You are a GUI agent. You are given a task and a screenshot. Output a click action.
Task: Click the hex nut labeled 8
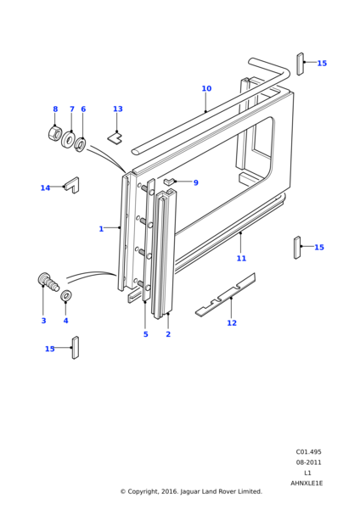pos(54,133)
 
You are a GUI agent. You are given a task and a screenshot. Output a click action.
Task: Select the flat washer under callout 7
pos(69,140)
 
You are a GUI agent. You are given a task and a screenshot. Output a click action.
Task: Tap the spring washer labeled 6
pos(80,144)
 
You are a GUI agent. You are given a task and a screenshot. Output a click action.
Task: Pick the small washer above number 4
pos(66,295)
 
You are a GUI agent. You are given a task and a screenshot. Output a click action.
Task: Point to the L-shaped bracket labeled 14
pos(72,185)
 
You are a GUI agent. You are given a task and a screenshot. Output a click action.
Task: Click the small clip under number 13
pos(115,138)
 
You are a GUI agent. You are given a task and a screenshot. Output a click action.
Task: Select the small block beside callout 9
pos(169,182)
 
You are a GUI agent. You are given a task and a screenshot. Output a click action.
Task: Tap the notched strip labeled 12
pos(226,295)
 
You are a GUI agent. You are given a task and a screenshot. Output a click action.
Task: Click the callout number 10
pos(206,88)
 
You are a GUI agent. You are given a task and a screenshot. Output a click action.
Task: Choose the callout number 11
pos(241,259)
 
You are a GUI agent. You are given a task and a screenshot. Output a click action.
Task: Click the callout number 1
pos(101,229)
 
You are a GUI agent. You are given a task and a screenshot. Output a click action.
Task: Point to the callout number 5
pos(145,334)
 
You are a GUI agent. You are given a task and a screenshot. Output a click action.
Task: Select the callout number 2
pos(168,334)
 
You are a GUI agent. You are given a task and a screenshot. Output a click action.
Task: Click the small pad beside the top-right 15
pos(301,64)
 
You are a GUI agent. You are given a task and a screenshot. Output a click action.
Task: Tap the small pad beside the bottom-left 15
pos(76,348)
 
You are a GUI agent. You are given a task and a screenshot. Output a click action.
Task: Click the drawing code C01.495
pos(308,452)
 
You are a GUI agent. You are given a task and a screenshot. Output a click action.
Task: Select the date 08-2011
pos(308,462)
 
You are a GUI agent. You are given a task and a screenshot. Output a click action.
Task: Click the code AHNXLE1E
pos(307,484)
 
